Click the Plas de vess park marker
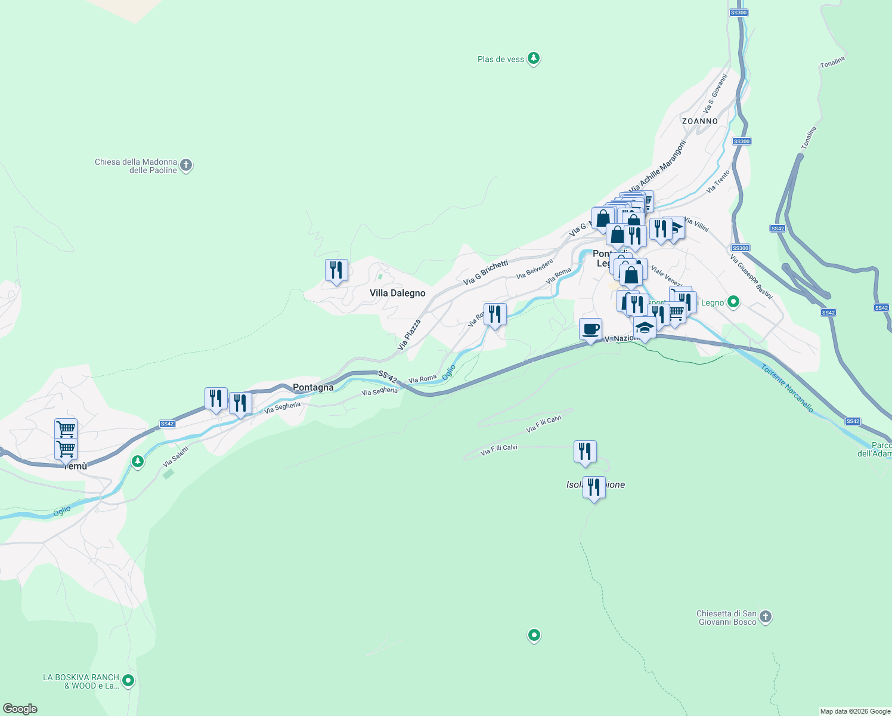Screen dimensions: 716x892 pos(534,58)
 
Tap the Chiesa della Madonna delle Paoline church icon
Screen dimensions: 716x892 pos(186,165)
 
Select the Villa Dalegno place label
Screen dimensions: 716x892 pos(397,293)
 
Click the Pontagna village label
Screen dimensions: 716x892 pos(313,388)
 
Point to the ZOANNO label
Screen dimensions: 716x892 pos(700,121)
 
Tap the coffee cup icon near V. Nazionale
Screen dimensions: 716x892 pos(590,329)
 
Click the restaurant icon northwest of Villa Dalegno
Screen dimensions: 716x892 pos(336,270)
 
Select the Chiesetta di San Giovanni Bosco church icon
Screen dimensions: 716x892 pos(766,617)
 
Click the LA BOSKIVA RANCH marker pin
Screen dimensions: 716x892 pos(128,680)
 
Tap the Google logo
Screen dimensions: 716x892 pos(20,709)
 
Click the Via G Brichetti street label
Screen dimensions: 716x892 pos(485,273)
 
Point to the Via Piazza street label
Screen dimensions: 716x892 pos(409,334)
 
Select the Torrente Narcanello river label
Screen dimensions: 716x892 pos(786,388)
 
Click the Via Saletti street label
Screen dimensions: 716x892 pos(175,456)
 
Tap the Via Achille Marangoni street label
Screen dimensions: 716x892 pos(657,166)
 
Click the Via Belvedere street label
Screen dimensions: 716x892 pos(535,268)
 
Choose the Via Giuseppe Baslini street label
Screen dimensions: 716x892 pos(751,277)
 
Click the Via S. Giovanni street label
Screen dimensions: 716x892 pos(716,94)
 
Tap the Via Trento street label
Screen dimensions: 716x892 pos(718,181)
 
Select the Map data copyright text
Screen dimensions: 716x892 pos(855,711)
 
